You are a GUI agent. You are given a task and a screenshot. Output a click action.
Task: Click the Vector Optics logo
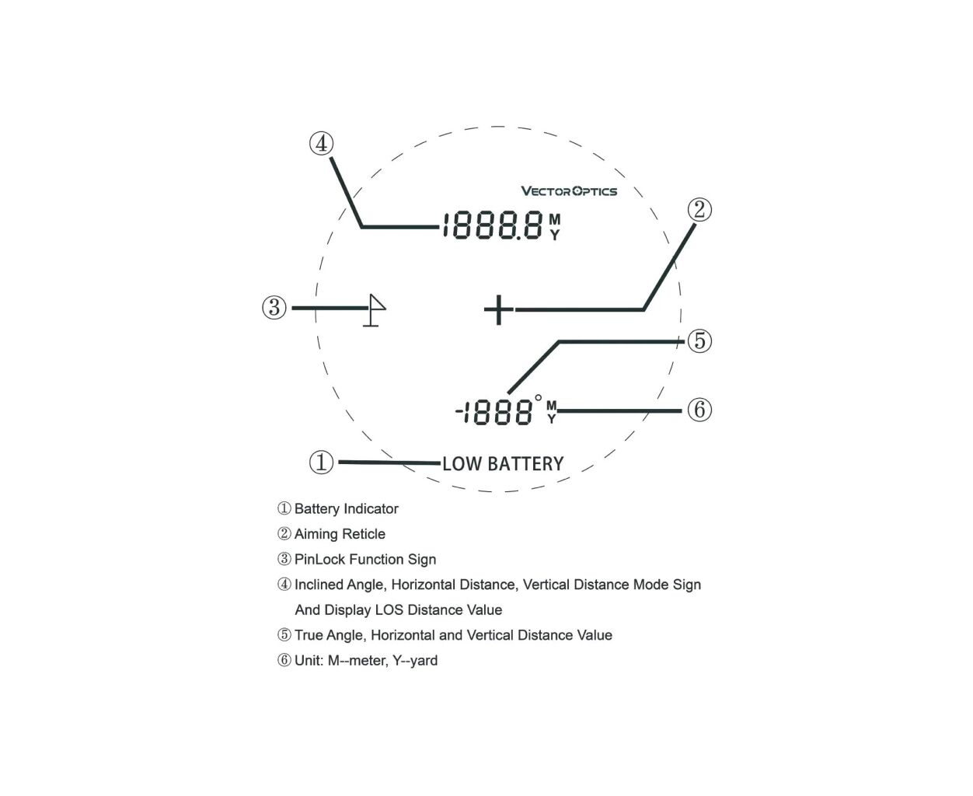(x=568, y=190)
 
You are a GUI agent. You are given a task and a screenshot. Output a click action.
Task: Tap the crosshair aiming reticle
(x=498, y=309)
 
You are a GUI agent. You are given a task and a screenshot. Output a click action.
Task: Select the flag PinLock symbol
(x=374, y=309)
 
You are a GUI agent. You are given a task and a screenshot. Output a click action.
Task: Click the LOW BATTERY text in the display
(x=503, y=463)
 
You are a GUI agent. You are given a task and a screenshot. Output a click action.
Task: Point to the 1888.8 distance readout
(x=493, y=225)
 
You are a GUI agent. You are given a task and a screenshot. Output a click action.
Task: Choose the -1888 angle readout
(x=493, y=412)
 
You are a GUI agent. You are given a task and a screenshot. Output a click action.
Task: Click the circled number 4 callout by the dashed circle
(x=321, y=143)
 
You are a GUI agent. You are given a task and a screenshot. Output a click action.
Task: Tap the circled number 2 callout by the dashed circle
(x=699, y=210)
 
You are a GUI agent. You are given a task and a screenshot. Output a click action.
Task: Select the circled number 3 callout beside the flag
(x=274, y=307)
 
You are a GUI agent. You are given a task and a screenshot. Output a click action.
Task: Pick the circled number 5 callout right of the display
(x=699, y=340)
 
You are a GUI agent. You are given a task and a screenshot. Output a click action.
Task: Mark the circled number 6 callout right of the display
(x=699, y=410)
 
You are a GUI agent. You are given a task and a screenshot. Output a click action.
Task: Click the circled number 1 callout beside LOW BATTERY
(x=321, y=462)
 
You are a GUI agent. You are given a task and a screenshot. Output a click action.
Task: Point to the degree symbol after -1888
(x=538, y=398)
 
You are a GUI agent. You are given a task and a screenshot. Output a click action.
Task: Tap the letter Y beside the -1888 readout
(x=551, y=419)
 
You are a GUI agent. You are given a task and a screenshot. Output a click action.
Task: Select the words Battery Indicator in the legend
(x=346, y=509)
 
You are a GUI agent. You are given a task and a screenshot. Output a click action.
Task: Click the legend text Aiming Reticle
(x=340, y=534)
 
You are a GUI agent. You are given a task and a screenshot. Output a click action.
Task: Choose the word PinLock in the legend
(x=319, y=559)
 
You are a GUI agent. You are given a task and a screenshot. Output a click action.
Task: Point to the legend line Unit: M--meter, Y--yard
(x=366, y=660)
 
